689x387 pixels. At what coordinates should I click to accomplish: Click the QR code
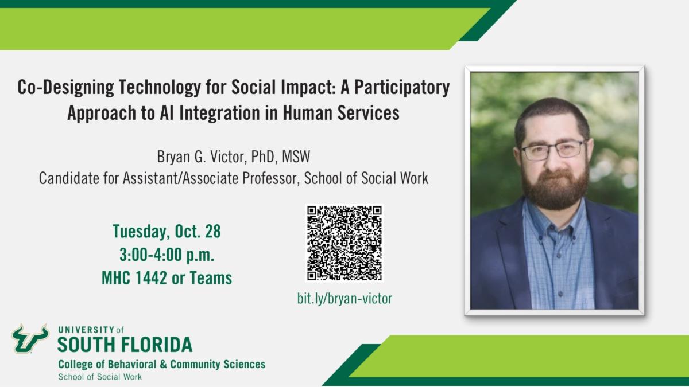click(344, 243)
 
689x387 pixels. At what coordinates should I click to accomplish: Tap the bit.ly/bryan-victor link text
click(344, 298)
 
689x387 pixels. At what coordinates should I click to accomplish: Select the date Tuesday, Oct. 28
click(167, 232)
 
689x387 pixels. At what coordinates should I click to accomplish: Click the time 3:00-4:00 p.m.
click(167, 255)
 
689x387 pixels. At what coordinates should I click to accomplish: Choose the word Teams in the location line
click(210, 279)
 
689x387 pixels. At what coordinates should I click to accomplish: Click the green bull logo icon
click(30, 338)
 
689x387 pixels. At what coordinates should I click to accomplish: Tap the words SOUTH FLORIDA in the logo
click(125, 345)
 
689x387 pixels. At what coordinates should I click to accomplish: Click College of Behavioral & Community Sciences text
click(161, 364)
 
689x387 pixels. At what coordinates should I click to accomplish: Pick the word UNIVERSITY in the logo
click(86, 330)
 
